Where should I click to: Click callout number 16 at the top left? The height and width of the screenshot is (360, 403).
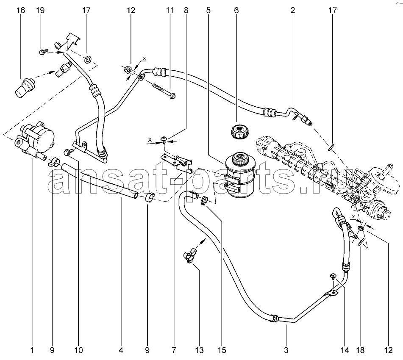tap(21, 11)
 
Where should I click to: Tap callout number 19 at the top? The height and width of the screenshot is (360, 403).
tap(40, 11)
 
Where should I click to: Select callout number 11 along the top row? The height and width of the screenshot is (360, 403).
tap(170, 11)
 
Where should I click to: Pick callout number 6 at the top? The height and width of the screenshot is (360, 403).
tap(236, 11)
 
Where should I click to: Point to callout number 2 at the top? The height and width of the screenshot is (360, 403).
tap(293, 11)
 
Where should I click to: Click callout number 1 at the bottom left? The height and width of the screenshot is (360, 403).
tap(32, 350)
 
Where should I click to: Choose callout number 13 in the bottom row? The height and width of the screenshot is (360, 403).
tap(200, 350)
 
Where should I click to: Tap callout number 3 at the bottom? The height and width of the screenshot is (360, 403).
tap(286, 350)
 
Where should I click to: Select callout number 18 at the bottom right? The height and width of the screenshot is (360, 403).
tap(361, 350)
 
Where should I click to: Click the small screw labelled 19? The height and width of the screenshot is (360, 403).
tap(42, 52)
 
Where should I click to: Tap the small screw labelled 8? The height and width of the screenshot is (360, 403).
tap(164, 139)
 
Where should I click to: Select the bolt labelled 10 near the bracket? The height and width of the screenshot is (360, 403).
tap(68, 152)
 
